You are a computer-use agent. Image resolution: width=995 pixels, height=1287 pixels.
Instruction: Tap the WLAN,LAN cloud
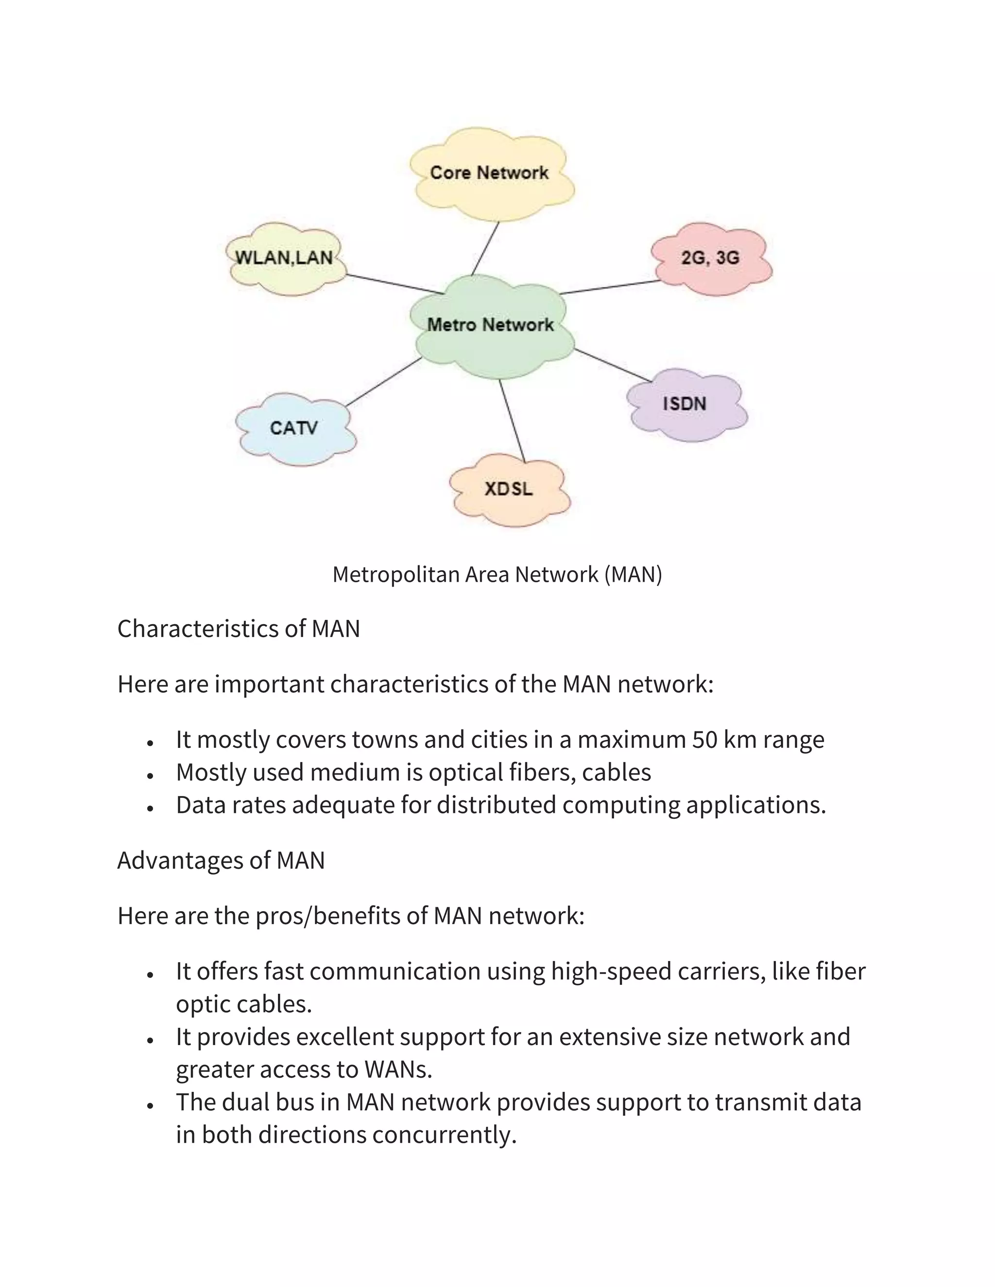(286, 259)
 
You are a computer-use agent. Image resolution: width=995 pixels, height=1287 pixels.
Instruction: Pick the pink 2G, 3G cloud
(711, 259)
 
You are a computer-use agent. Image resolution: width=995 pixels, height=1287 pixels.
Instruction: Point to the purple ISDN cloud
(686, 405)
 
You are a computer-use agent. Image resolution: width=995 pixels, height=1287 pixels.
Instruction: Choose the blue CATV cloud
(295, 428)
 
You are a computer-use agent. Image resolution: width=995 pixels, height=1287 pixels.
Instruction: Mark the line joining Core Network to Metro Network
(486, 248)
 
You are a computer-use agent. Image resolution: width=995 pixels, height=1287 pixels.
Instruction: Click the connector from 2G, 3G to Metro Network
(610, 287)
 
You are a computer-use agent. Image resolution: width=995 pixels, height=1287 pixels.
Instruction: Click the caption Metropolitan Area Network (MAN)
(497, 574)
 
